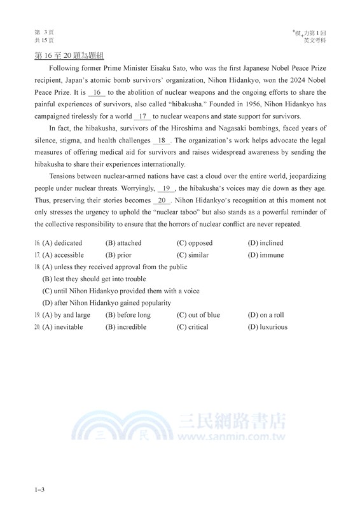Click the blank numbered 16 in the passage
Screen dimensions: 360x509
[97, 92]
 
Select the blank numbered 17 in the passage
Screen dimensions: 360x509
[143, 116]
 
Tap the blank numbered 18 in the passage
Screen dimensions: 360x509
[162, 140]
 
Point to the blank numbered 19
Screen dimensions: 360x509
[167, 188]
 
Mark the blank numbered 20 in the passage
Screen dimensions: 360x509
[162, 200]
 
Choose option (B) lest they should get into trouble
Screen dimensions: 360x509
[94, 279]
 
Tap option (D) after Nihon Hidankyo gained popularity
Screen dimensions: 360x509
[107, 303]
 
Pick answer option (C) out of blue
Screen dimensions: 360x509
[198, 315]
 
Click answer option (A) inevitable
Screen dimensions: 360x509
[62, 327]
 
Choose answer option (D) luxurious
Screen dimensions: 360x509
[268, 327]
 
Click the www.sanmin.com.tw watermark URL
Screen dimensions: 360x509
[230, 438]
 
